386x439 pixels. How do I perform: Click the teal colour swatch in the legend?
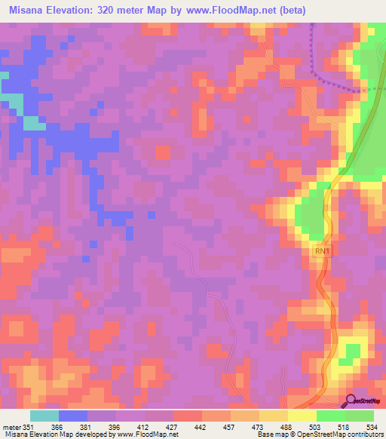click(44, 415)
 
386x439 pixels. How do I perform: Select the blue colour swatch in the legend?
click(72, 415)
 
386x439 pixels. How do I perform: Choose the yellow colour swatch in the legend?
click(302, 415)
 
